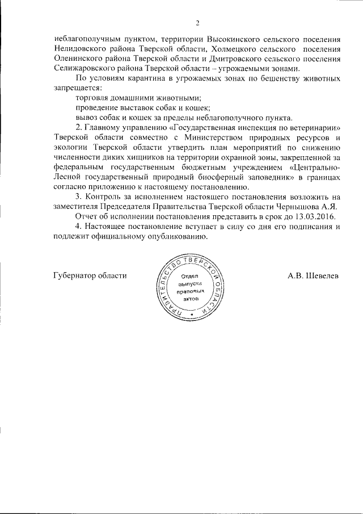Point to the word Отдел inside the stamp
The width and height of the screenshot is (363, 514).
(190, 275)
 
